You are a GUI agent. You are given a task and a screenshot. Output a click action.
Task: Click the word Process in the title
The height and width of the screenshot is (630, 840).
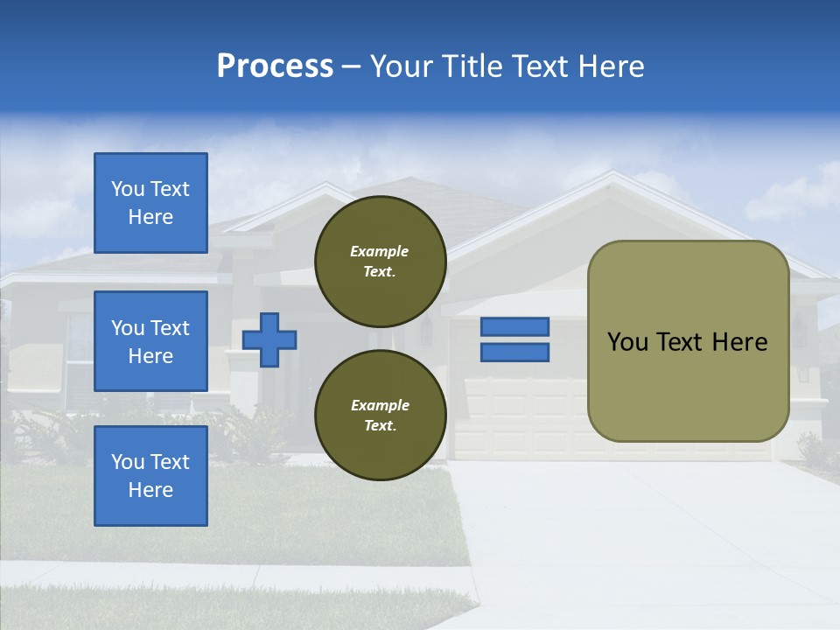click(275, 66)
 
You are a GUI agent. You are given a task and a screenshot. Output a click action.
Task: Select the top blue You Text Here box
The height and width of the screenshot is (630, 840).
click(150, 203)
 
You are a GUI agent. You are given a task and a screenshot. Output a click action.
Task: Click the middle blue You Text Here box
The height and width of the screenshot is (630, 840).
click(150, 341)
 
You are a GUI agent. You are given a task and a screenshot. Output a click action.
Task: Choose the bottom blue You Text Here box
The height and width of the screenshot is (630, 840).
click(150, 475)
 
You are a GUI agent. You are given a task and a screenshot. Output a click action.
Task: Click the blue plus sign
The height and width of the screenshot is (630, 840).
click(269, 339)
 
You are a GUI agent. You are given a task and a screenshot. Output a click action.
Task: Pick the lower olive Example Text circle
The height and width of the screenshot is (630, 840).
click(380, 415)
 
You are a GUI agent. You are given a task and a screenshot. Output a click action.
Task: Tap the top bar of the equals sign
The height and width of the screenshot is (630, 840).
click(514, 326)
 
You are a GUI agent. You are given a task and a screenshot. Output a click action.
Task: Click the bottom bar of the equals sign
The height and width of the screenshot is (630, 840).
click(514, 353)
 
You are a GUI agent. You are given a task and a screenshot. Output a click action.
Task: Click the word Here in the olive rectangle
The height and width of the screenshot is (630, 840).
click(739, 342)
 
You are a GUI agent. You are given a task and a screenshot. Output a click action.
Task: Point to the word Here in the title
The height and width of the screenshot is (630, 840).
click(611, 66)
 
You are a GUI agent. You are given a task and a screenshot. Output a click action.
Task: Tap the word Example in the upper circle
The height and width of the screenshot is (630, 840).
click(380, 251)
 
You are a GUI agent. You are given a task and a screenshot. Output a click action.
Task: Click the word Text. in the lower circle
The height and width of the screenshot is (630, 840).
click(380, 425)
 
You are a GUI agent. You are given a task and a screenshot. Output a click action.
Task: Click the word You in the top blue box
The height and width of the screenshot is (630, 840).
click(128, 189)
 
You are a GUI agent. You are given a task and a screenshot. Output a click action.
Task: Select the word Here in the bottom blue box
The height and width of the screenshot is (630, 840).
click(150, 490)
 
